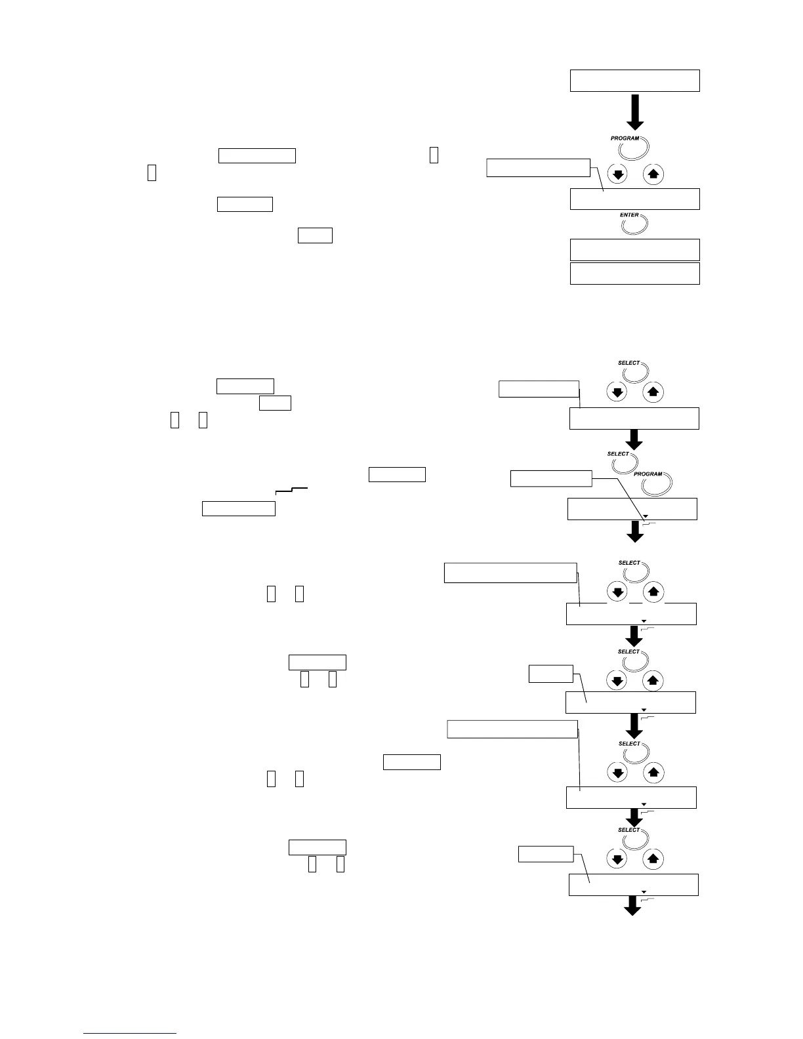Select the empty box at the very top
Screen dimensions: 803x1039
tap(634, 81)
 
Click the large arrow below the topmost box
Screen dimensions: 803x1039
tap(634, 112)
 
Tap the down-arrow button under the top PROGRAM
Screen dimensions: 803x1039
tap(617, 174)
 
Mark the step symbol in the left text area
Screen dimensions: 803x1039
tap(292, 491)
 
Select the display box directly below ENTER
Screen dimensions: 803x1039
tap(634, 250)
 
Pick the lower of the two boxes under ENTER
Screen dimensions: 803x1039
tap(634, 274)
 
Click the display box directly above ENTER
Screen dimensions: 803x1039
tap(634, 199)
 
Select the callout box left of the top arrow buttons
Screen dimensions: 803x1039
tap(538, 168)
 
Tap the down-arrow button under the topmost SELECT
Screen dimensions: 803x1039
tap(617, 392)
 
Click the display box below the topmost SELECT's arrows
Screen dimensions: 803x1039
tap(634, 418)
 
